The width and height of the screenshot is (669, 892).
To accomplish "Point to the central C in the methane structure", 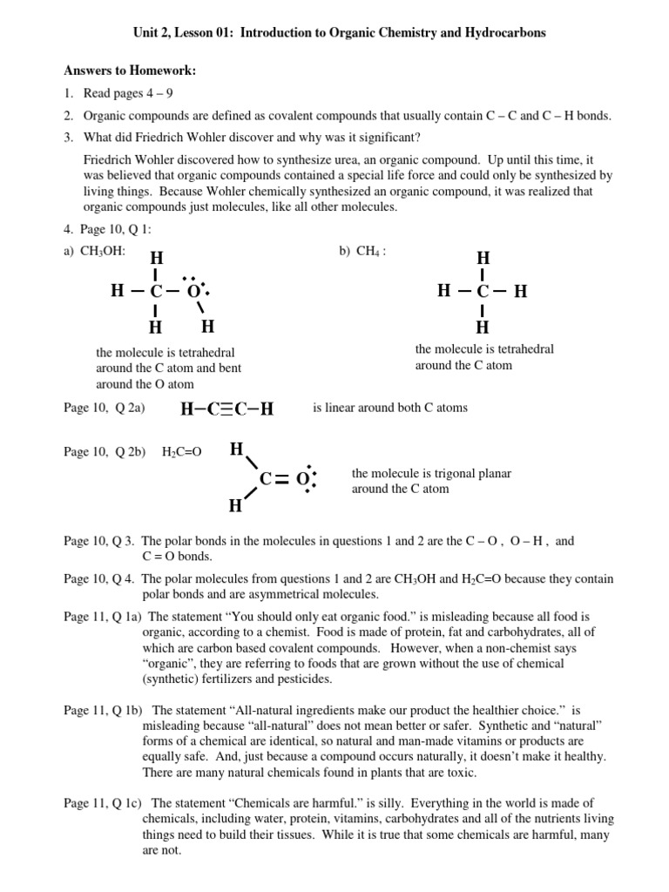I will [x=483, y=292].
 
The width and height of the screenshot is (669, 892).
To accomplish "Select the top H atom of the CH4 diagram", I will [x=483, y=259].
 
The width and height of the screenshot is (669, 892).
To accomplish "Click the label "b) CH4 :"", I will [x=362, y=252].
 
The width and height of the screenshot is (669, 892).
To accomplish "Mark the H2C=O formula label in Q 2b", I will [x=181, y=452].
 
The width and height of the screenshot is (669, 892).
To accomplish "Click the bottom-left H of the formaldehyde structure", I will [x=235, y=506].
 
